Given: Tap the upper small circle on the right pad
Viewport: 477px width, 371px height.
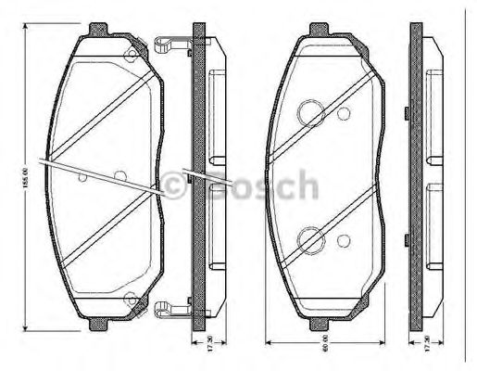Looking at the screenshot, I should (x=344, y=114).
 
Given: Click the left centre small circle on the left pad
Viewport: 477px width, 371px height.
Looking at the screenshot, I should (x=83, y=175).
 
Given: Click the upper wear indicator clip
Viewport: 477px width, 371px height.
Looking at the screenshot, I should (x=170, y=43).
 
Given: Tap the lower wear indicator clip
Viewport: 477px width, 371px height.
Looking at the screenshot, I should (x=170, y=309).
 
